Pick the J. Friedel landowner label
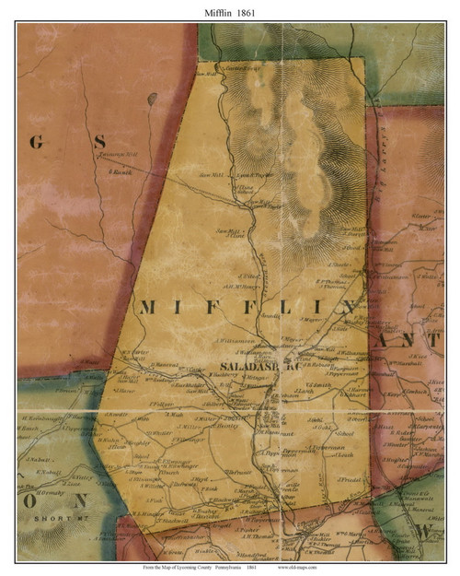click(x=349, y=479)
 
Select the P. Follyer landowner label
click(x=161, y=403)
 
